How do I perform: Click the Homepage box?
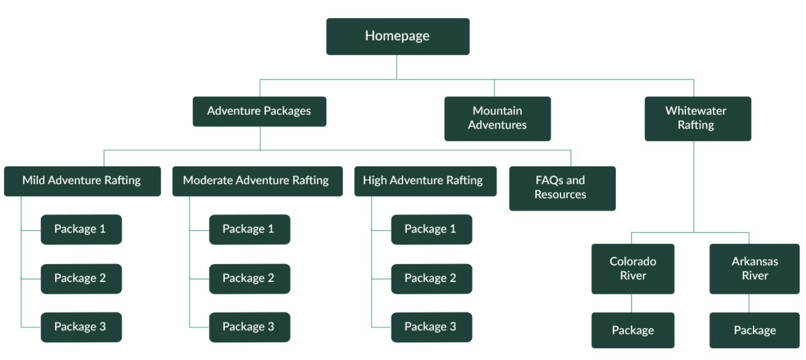[x=397, y=36]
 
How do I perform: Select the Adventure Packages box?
[x=259, y=111]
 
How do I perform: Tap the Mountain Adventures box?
[x=497, y=118]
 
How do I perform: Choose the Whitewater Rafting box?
[x=697, y=118]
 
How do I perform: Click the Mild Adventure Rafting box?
[x=82, y=181]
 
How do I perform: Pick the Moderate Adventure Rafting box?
[x=257, y=181]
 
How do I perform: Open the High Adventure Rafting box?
[x=425, y=181]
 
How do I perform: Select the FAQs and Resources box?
[x=562, y=188]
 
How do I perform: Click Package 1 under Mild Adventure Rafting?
[x=81, y=229]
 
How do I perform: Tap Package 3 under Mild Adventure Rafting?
[x=81, y=327]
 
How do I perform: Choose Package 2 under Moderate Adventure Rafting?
[x=249, y=278]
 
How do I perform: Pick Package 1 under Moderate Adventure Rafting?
[x=249, y=229]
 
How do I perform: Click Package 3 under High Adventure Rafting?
[x=431, y=327]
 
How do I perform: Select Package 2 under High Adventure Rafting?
[x=431, y=278]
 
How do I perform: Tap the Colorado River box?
[x=633, y=268]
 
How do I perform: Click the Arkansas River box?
[x=754, y=268]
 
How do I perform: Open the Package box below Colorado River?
[x=633, y=330]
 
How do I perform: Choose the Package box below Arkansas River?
[x=754, y=330]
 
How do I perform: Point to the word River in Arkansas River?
[x=755, y=276]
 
